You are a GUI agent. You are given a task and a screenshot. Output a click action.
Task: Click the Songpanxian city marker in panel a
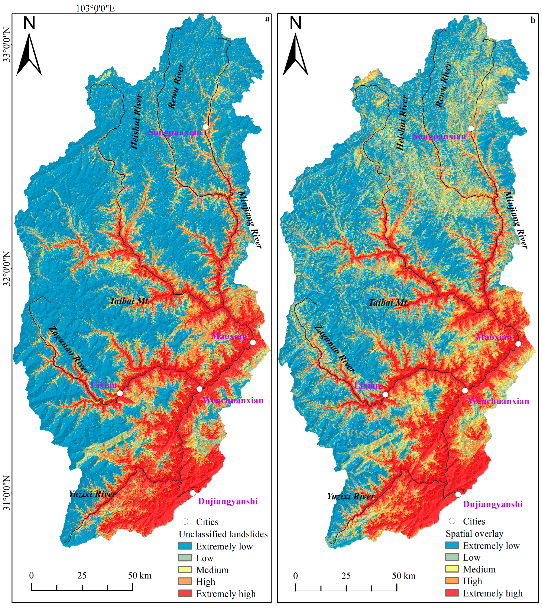click(206, 127)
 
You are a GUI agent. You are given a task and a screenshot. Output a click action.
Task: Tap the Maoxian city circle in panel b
click(518, 344)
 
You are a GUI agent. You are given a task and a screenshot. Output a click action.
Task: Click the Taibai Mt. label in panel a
click(130, 301)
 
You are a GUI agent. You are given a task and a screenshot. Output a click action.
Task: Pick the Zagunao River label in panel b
click(334, 349)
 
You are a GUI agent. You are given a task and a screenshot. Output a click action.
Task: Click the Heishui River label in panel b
click(402, 122)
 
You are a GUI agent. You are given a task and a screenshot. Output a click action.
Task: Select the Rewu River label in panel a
click(176, 86)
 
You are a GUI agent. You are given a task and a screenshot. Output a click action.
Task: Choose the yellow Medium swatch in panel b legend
click(452, 569)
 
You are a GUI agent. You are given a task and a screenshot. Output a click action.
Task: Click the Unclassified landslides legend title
click(223, 534)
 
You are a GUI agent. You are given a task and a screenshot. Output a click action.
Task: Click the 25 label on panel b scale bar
click(346, 576)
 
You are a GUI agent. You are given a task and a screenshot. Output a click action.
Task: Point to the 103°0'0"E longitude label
click(95, 8)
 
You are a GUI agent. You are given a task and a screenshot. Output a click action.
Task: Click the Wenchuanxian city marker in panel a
click(199, 389)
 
